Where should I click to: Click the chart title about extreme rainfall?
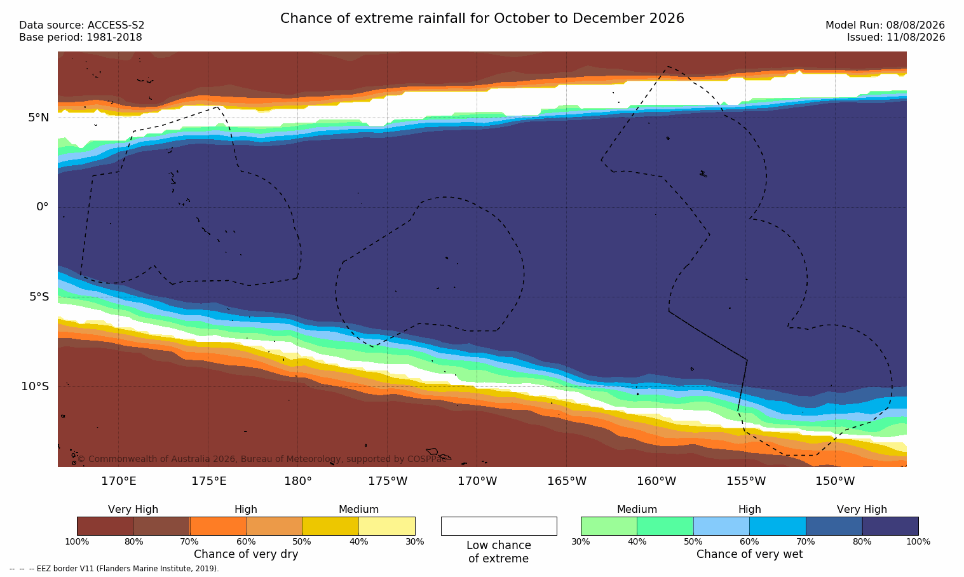(482, 18)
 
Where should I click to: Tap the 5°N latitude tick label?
(39, 118)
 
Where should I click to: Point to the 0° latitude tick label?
(43, 207)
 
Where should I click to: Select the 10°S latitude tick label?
(36, 386)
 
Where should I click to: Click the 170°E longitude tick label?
(119, 481)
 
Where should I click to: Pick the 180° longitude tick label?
(298, 481)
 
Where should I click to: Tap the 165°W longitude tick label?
(567, 481)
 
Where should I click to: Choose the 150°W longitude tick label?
(836, 481)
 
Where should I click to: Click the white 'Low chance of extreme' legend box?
(499, 526)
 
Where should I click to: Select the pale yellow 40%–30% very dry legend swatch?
(387, 526)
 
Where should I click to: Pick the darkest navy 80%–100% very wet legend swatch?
(890, 526)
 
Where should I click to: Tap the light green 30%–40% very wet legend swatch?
(609, 526)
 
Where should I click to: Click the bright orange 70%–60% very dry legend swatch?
(218, 526)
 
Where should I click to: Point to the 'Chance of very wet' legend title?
(749, 554)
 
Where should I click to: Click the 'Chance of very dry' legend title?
(246, 554)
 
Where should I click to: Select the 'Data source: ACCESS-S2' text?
(82, 25)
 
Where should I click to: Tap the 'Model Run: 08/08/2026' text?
(885, 25)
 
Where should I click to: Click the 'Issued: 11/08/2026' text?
(896, 37)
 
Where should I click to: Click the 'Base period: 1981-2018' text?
(81, 37)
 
